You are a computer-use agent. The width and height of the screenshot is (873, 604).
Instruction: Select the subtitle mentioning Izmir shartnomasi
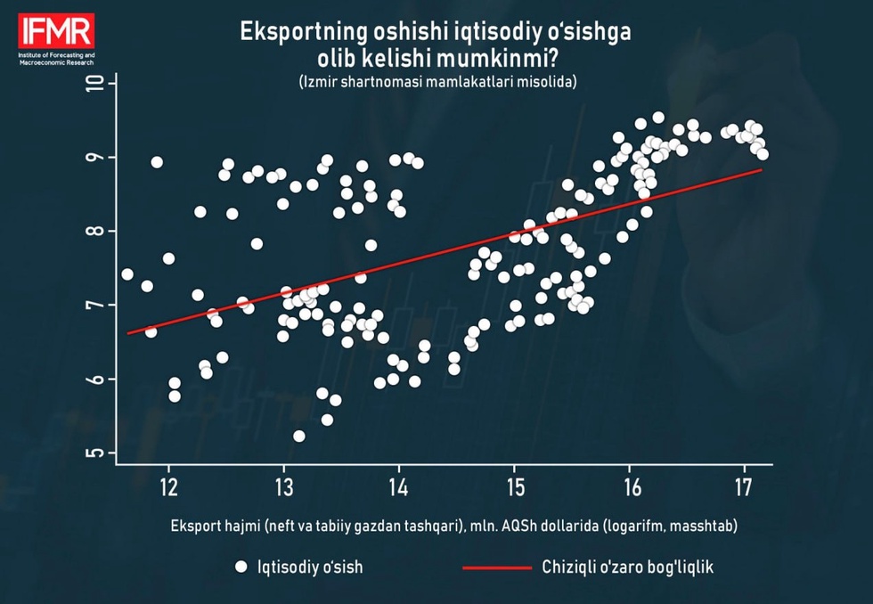438,82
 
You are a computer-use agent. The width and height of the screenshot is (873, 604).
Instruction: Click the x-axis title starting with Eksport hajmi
454,526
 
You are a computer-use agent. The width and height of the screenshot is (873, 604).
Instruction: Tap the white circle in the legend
240,567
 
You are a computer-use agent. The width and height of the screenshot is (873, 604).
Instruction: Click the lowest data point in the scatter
299,436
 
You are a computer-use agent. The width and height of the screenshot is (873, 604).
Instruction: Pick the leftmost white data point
127,274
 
